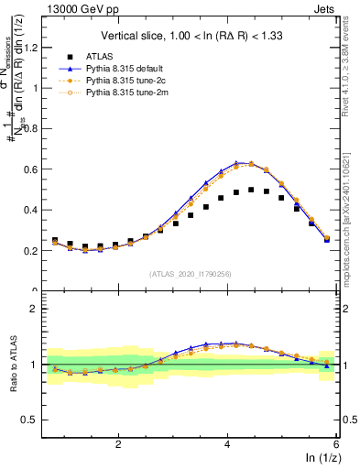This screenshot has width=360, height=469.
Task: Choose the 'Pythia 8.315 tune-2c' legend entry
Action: [136, 81]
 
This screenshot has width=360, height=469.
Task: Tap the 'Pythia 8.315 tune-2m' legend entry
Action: [136, 93]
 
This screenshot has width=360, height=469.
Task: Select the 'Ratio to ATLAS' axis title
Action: [13, 364]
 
